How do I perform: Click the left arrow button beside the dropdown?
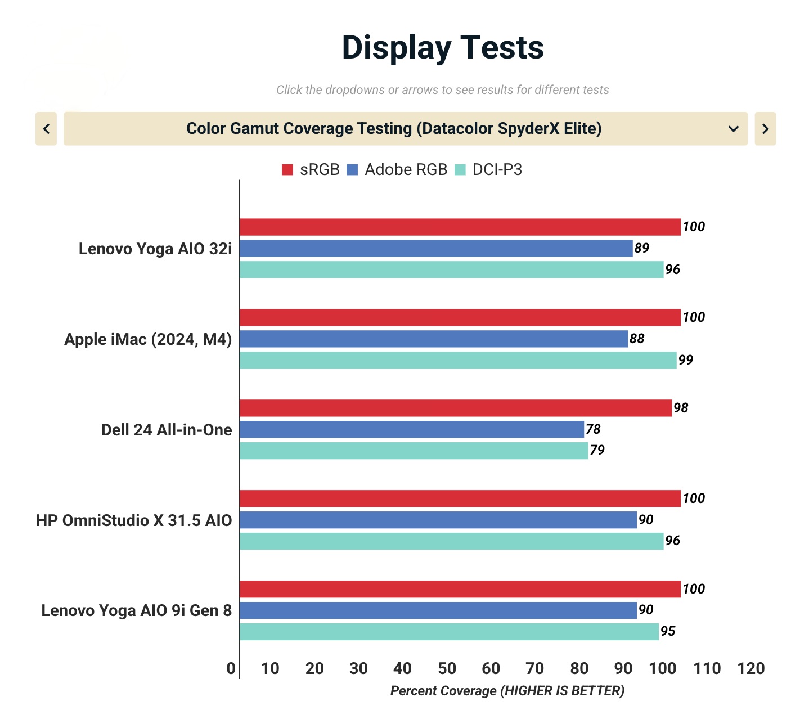[46, 129]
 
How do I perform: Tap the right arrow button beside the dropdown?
[765, 129]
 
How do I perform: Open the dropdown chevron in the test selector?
[733, 129]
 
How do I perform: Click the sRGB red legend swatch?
[287, 170]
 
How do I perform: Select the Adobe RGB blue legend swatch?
[353, 170]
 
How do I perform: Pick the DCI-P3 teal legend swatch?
[460, 170]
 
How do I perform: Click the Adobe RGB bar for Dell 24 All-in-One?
[412, 429]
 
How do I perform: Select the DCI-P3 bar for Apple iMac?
[458, 360]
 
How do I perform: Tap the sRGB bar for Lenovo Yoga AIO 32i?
[460, 227]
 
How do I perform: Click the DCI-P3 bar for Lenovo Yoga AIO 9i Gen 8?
[449, 632]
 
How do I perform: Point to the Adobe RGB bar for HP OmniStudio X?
[438, 520]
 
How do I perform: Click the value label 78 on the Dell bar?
[593, 429]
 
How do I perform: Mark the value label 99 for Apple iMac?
[686, 360]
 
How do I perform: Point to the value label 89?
[641, 248]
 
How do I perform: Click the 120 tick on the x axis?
[751, 668]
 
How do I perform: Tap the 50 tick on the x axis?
[447, 668]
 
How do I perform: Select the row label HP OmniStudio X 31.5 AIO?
[134, 520]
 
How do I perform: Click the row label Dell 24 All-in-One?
[167, 430]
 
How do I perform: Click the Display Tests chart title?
[443, 47]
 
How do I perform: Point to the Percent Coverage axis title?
[507, 691]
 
